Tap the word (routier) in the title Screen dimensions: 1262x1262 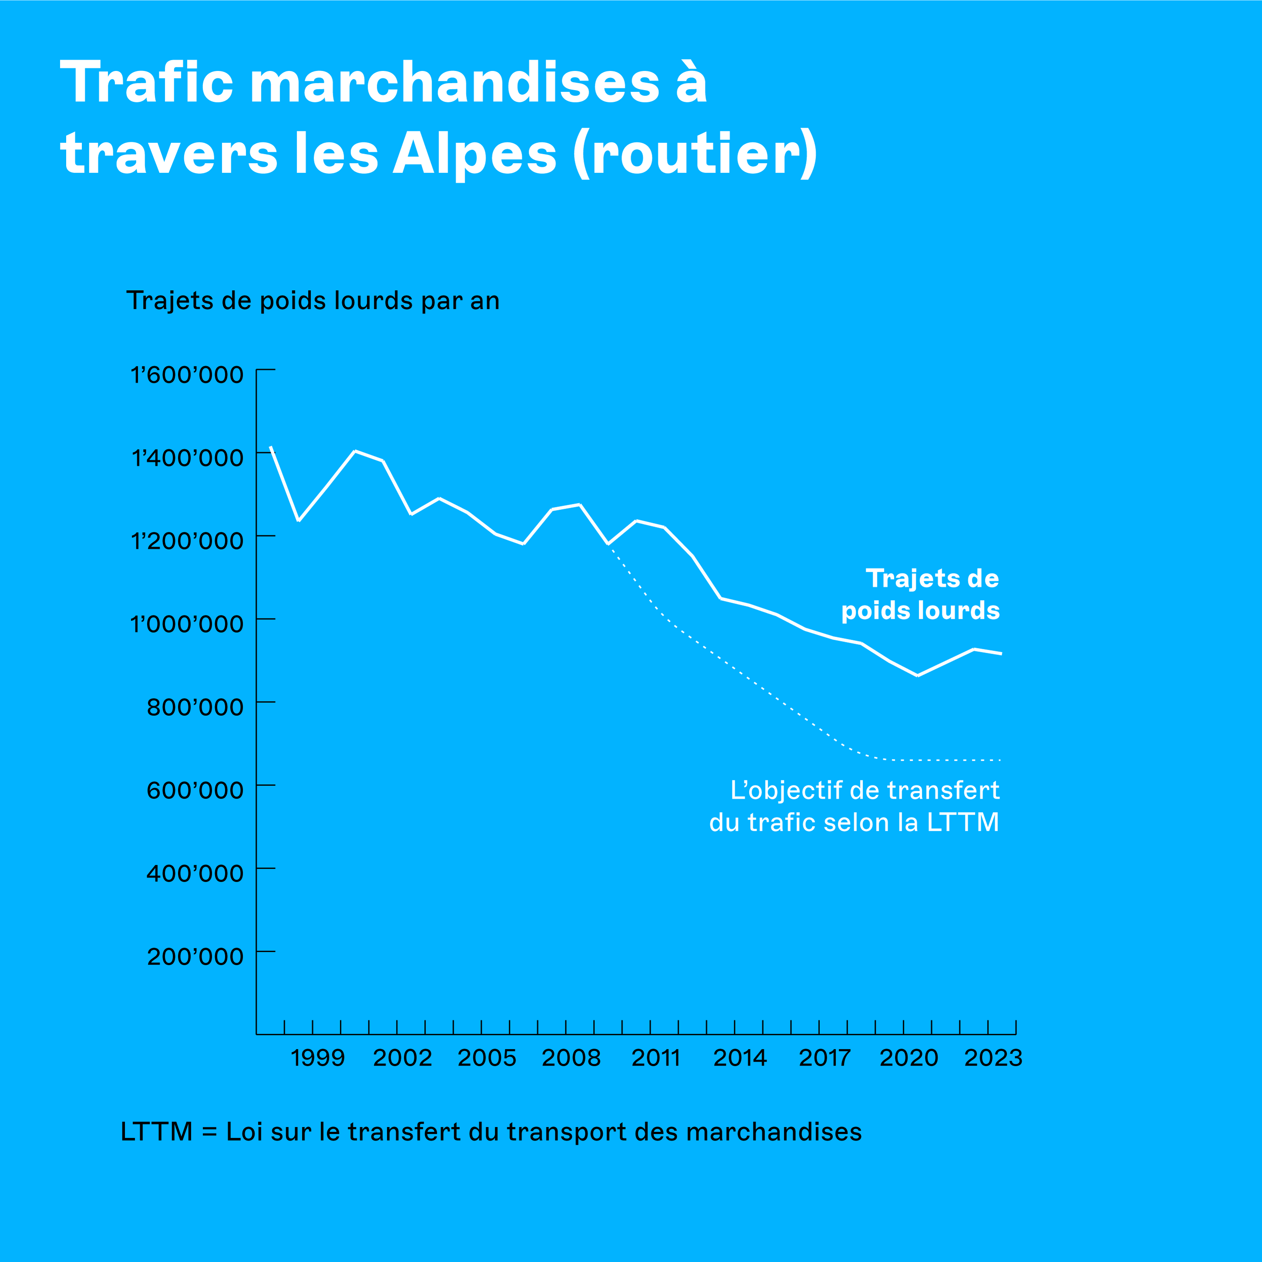click(695, 154)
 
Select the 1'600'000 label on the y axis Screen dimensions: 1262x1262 click(187, 375)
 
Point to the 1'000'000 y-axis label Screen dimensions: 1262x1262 click(187, 624)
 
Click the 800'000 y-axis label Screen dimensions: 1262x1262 click(195, 707)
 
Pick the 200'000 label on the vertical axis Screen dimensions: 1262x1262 click(195, 957)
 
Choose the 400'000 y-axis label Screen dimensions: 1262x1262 click(195, 873)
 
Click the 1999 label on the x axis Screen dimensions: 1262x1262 click(318, 1057)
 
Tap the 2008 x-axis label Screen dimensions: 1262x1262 click(571, 1057)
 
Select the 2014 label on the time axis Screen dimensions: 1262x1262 click(740, 1057)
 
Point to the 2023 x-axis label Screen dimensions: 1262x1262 click(993, 1057)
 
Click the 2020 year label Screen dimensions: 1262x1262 click(909, 1057)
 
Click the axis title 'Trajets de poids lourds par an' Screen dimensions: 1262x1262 click(313, 300)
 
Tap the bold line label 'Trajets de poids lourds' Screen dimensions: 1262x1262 click(920, 594)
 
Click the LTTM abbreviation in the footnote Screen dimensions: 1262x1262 click(157, 1131)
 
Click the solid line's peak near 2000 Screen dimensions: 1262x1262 click(355, 451)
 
